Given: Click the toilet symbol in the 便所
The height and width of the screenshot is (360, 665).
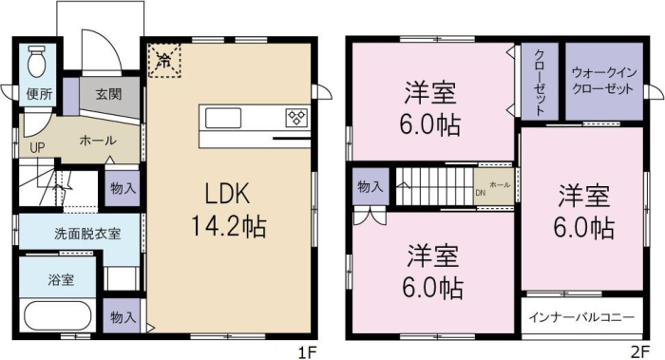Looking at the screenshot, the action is [x=36, y=62].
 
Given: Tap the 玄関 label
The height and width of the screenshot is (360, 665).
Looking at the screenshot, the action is [x=109, y=94].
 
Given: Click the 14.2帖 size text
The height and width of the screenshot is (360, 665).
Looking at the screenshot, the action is [x=229, y=226].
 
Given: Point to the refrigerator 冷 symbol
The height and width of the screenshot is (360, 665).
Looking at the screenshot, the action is [x=164, y=60].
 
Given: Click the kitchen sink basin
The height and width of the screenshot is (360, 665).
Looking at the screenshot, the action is [x=223, y=118].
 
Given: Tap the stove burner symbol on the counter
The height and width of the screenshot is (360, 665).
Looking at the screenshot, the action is [x=296, y=118].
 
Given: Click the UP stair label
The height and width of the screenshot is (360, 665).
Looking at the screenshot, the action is [x=37, y=148].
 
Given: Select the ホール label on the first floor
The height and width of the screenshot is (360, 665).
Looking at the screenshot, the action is [x=99, y=141].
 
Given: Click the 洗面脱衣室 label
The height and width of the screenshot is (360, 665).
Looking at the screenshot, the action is [x=87, y=234].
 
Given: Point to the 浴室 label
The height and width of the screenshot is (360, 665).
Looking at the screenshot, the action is [x=61, y=279].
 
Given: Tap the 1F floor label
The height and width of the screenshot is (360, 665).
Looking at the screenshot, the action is [x=307, y=352].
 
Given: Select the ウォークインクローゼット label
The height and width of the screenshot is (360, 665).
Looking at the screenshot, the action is [x=602, y=81].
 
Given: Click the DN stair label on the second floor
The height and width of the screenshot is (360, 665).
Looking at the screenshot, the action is [x=480, y=193].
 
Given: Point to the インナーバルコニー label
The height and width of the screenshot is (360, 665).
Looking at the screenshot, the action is [x=581, y=317].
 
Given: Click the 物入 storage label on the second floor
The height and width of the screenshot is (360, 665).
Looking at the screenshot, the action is [x=370, y=186].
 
